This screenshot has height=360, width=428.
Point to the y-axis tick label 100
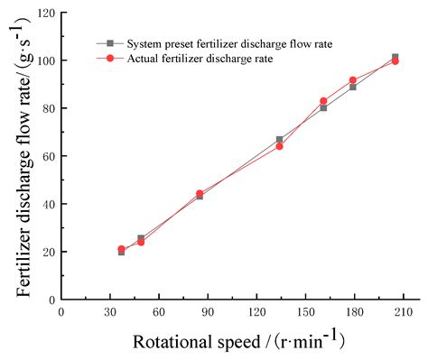44,61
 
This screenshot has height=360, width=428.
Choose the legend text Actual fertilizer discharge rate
192,58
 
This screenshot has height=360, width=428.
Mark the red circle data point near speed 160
323,101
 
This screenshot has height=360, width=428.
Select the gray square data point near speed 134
279,140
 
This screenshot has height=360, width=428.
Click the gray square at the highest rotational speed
395,58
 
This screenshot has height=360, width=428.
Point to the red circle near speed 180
353,80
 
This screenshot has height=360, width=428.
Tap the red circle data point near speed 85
200,194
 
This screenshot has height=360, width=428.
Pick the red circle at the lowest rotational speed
121,249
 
